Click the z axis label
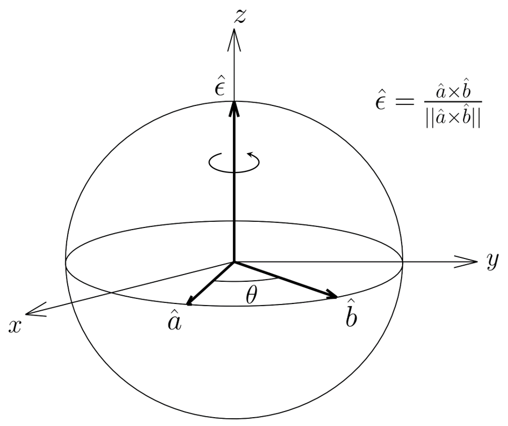tap(240, 17)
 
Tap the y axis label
tap(492, 260)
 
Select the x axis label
tap(15, 326)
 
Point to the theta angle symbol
tap(251, 296)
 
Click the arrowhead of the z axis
tap(235, 34)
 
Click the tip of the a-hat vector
tap(189, 304)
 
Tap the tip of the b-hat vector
tap(336, 297)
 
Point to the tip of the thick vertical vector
tap(235, 104)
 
